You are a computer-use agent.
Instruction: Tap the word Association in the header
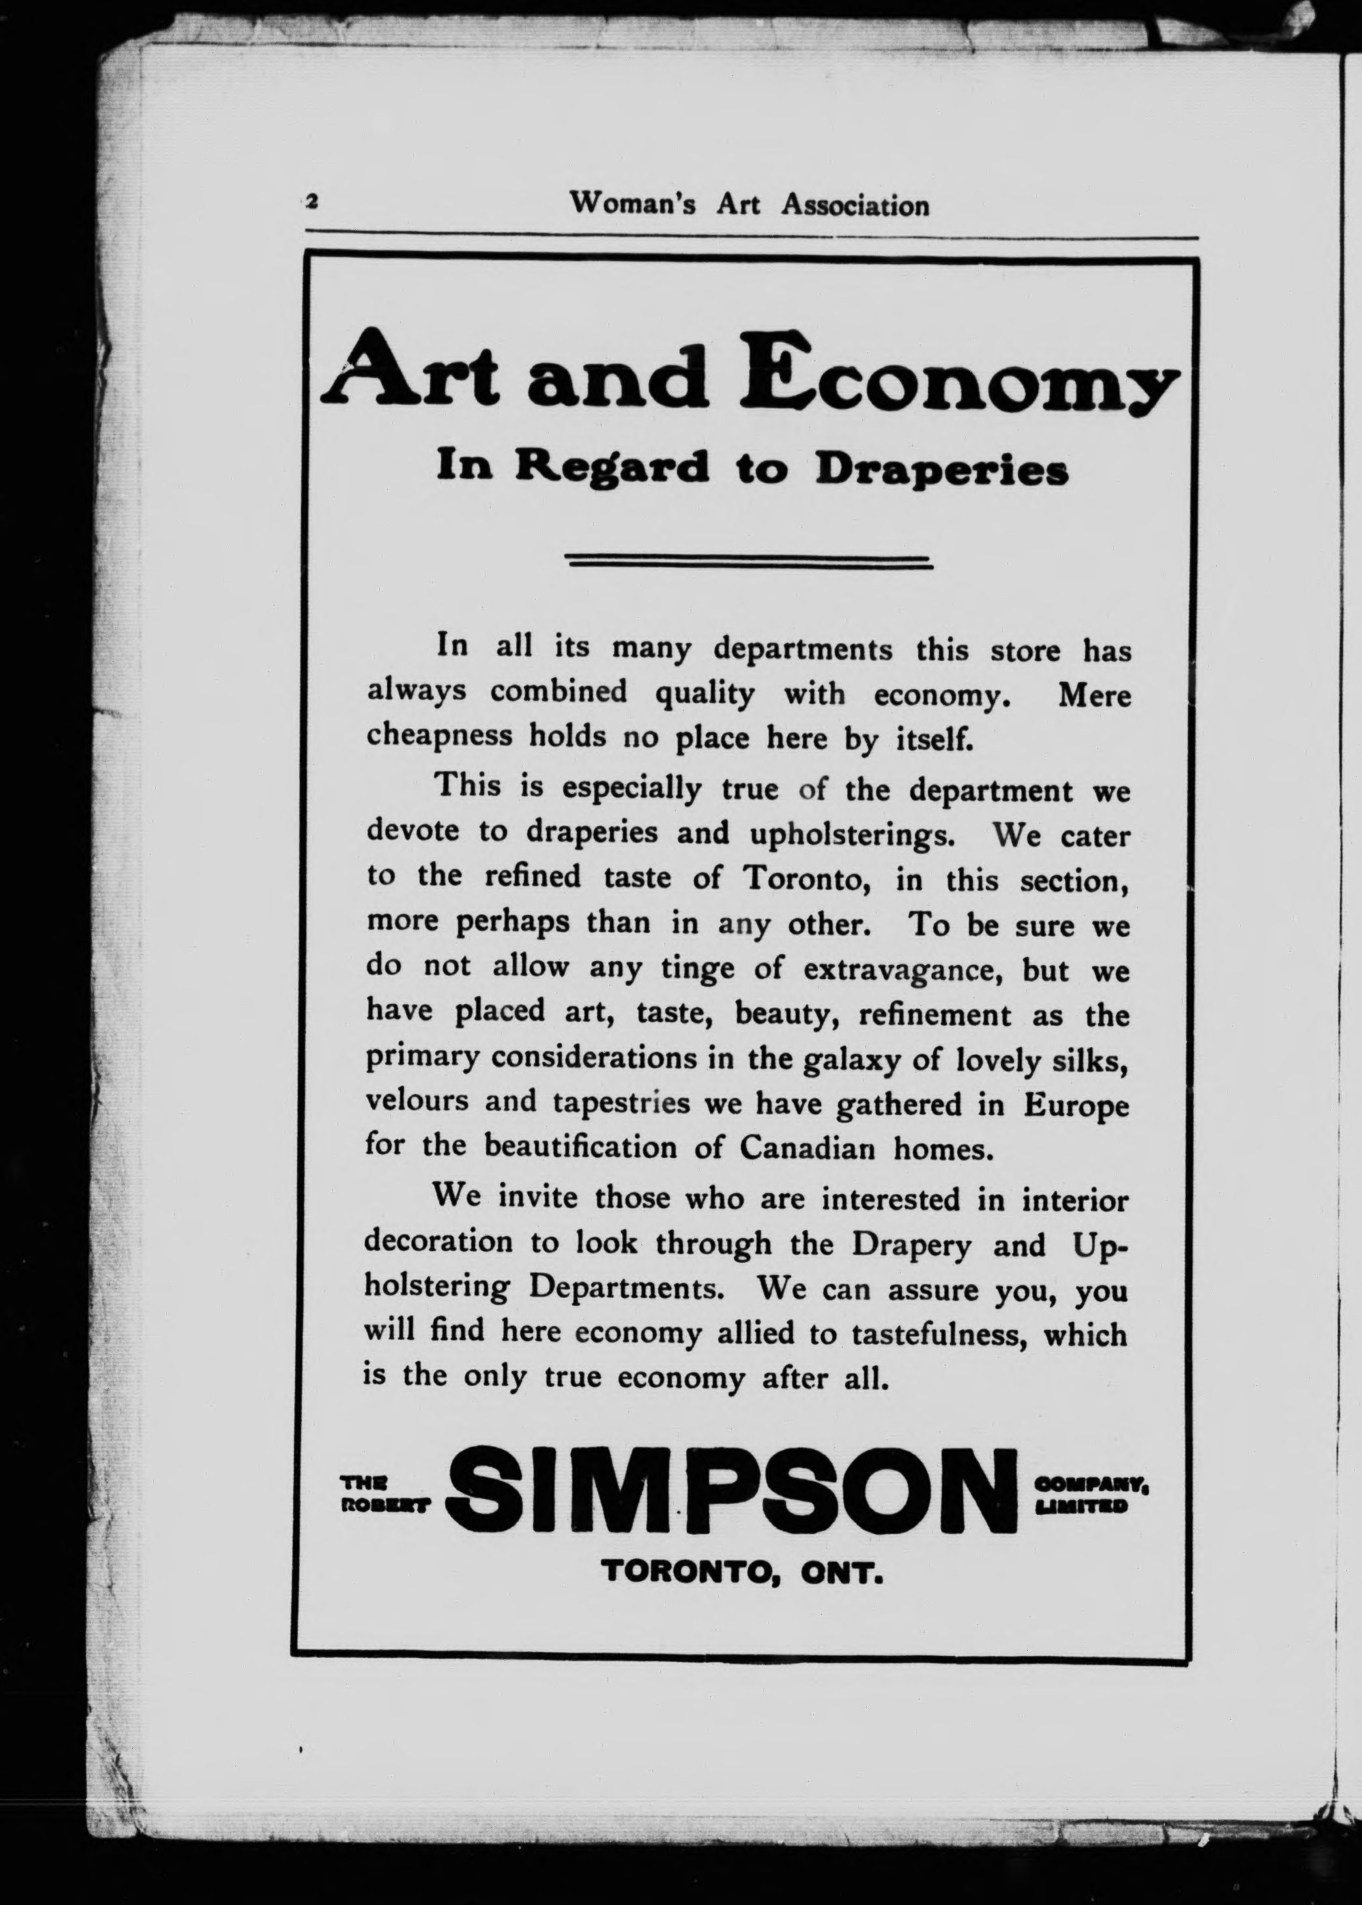tap(856, 205)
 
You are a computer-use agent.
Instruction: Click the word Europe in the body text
tap(1076, 1106)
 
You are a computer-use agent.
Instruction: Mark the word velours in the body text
tap(417, 1100)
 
